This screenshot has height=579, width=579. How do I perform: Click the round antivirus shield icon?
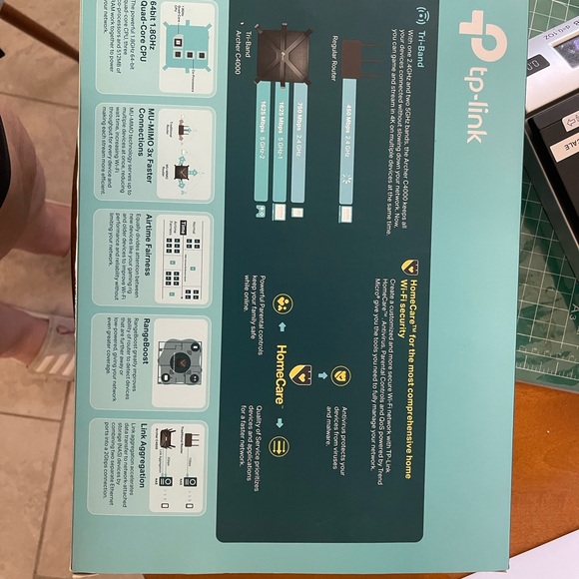(x=340, y=374)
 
